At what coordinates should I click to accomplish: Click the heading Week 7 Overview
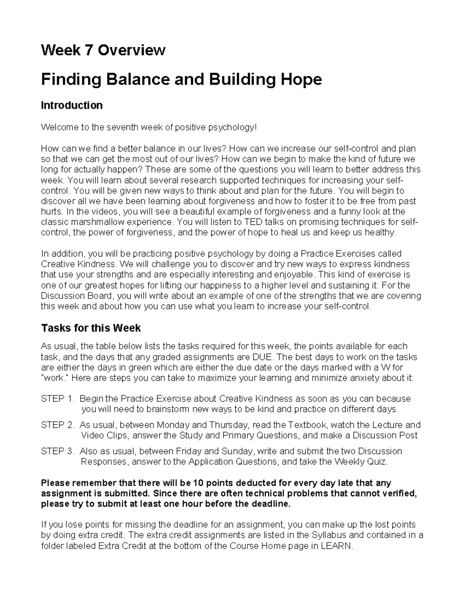pos(103,50)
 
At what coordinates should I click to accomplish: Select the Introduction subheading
pos(72,105)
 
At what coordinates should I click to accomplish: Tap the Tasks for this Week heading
pos(91,328)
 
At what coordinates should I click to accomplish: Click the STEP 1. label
pos(57,399)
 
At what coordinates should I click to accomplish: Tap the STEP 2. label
pos(57,425)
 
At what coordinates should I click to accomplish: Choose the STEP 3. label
pos(57,451)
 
